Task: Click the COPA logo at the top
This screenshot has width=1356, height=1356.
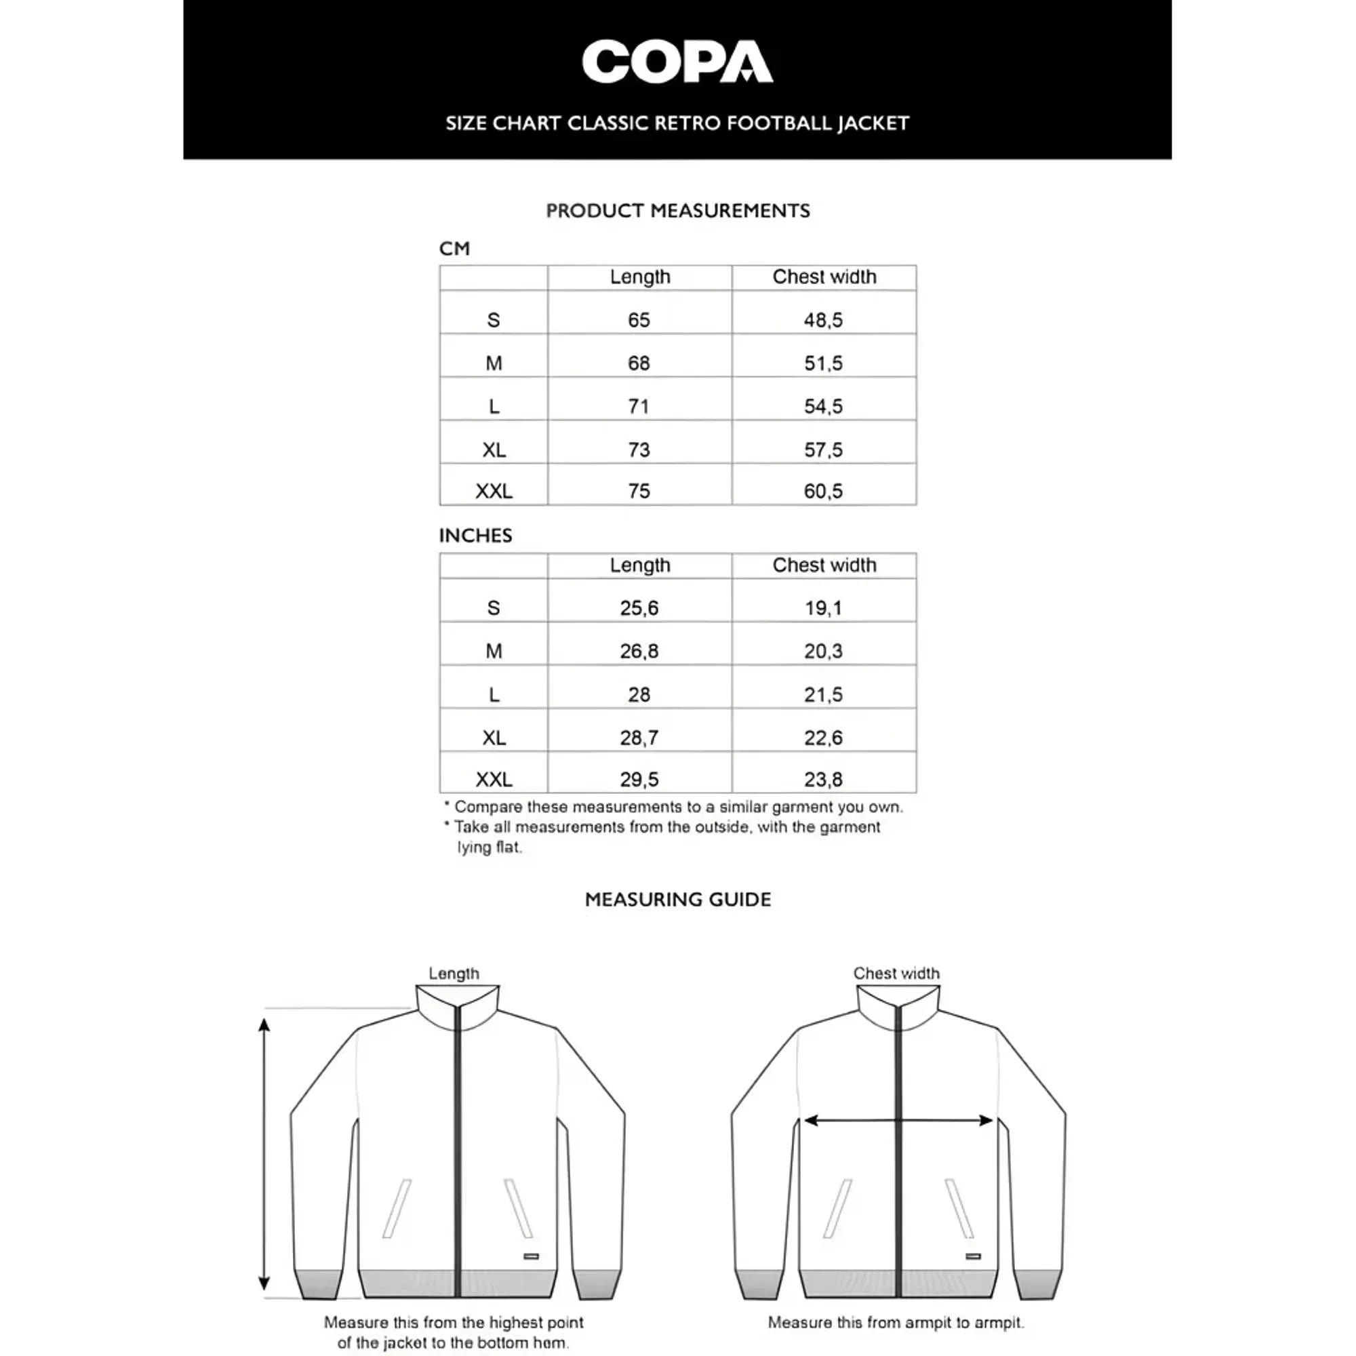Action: click(677, 62)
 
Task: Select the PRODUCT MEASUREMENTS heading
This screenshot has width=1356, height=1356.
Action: click(677, 211)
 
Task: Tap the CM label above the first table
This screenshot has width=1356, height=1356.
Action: click(454, 248)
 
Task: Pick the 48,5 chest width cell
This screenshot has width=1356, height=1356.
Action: click(823, 320)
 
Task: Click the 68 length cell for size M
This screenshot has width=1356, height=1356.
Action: click(639, 363)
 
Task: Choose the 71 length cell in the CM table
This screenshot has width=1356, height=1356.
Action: click(639, 405)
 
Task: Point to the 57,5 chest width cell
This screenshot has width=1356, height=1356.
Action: click(823, 450)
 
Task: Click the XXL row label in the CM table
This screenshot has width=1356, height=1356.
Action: click(494, 491)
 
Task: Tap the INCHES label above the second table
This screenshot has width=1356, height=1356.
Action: click(475, 536)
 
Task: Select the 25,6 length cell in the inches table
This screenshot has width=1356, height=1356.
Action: click(639, 607)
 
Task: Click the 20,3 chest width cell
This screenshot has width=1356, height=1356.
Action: click(823, 651)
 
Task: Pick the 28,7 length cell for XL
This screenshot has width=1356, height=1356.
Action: click(639, 738)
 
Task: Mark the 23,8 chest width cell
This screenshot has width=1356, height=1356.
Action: click(823, 779)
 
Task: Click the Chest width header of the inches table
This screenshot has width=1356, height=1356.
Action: click(824, 565)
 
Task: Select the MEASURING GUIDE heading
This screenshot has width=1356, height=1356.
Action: click(677, 899)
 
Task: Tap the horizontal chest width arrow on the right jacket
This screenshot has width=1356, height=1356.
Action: click(898, 1121)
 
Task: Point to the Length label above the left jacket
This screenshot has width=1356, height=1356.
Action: click(454, 974)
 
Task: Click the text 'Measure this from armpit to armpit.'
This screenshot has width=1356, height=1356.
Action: click(896, 1322)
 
